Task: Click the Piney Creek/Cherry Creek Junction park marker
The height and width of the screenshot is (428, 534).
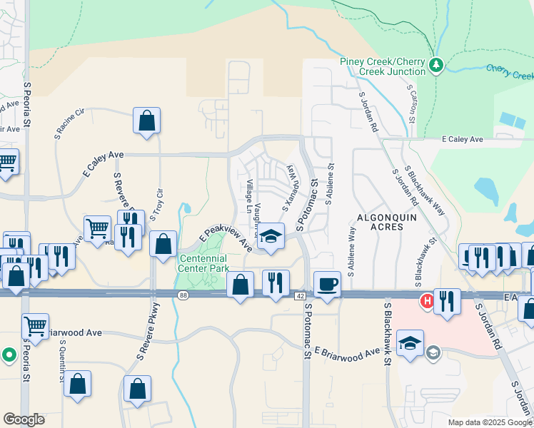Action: click(x=435, y=66)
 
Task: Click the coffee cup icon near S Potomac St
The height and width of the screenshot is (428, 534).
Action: click(x=328, y=283)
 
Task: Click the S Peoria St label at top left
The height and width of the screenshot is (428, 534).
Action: click(x=27, y=104)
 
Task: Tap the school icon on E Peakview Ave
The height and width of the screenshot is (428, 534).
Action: click(x=271, y=236)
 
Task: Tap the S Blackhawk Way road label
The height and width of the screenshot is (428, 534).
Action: click(x=425, y=190)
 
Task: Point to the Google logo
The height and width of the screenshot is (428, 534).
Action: click(x=24, y=419)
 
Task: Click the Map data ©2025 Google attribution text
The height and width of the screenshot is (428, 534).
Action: click(x=489, y=422)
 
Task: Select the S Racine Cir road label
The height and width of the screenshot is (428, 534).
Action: click(x=69, y=123)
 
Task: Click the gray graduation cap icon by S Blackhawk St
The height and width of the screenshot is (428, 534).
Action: click(x=433, y=352)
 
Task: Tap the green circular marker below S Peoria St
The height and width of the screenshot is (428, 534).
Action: click(x=9, y=354)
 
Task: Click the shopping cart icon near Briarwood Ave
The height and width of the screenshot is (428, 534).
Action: click(x=35, y=326)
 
